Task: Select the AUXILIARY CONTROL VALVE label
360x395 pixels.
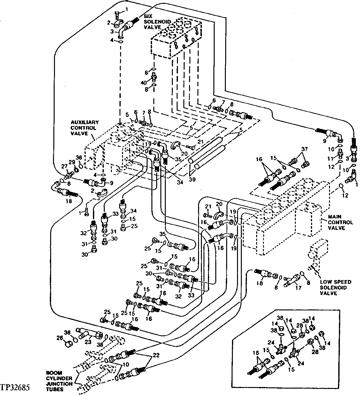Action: [x=85, y=128]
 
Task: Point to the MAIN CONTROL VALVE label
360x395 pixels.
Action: [x=341, y=222]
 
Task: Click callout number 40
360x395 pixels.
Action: [x=144, y=83]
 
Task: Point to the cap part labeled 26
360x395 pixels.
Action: [x=68, y=345]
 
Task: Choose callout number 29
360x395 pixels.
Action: [x=73, y=162]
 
